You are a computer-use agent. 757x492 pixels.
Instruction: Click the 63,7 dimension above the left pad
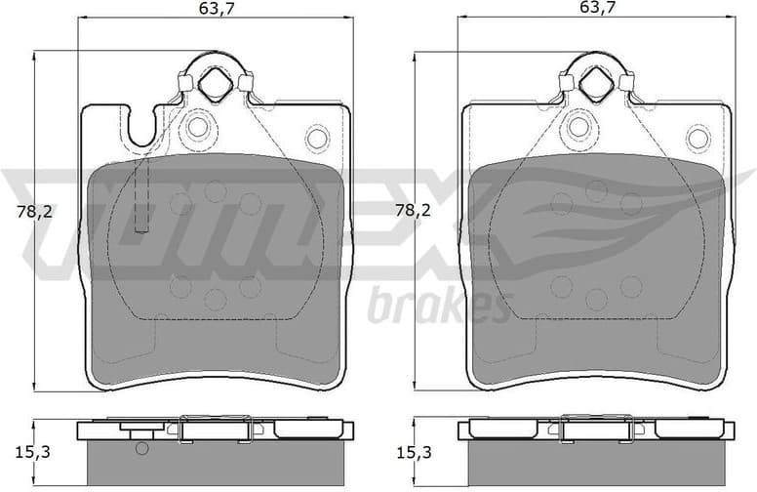pos(216,10)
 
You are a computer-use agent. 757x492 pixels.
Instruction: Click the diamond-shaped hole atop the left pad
pos(214,86)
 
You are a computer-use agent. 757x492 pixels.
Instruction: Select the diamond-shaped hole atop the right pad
pos(594,86)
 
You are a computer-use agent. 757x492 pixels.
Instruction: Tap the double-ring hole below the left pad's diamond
pos(198,126)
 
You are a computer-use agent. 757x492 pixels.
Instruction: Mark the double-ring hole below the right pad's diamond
pos(578,126)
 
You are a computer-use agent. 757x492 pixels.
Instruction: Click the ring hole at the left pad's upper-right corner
pos(317,138)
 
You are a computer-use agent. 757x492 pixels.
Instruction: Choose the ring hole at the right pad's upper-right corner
pos(697,138)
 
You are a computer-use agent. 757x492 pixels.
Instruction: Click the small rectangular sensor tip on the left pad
pos(141,225)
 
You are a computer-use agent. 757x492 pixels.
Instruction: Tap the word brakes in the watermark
pos(439,307)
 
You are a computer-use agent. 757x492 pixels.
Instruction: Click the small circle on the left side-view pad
pos(141,449)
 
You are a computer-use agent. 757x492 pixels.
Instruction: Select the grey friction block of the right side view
pos(595,464)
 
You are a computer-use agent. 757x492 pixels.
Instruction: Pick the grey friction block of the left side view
pos(215,464)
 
